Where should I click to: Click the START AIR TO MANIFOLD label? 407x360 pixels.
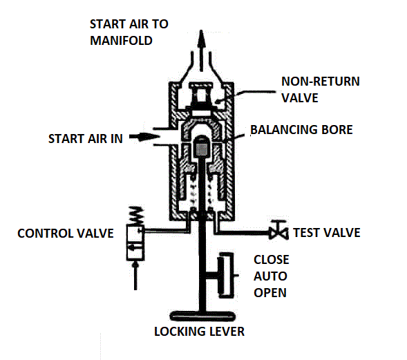(129, 32)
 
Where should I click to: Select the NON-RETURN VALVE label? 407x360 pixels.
(310, 89)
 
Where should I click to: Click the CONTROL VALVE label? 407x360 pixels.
(66, 233)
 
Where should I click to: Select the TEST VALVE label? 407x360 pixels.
(326, 232)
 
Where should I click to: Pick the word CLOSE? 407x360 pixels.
(271, 260)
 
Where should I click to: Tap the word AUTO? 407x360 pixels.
(269, 276)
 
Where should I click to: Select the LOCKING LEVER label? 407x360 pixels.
(200, 332)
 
